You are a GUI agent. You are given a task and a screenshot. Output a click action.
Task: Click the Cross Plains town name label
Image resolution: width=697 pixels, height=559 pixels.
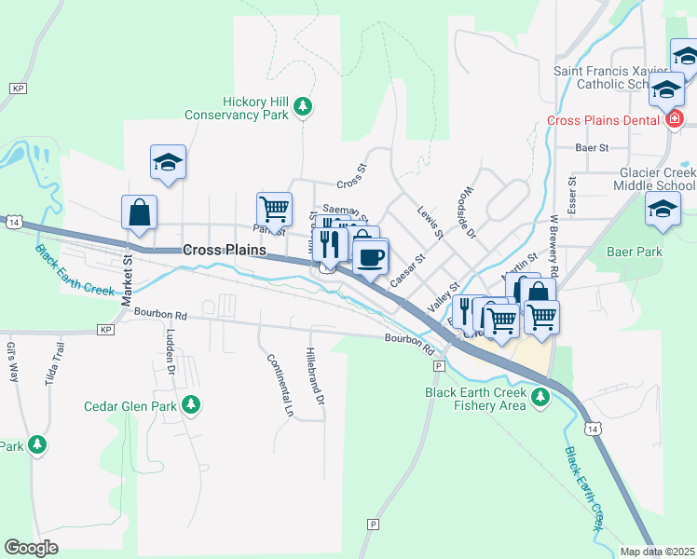pos(225,250)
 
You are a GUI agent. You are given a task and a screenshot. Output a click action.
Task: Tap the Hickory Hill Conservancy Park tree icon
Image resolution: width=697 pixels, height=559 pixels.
pos(302,108)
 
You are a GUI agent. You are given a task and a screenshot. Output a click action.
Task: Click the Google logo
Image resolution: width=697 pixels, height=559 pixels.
pos(31,547)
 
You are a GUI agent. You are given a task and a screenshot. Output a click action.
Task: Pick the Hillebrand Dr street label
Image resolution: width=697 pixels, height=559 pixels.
pos(314,376)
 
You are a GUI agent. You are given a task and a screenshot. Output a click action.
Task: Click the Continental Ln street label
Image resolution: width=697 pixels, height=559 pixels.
pos(279,384)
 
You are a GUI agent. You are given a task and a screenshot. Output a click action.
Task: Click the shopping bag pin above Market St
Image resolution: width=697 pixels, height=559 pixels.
pos(139,211)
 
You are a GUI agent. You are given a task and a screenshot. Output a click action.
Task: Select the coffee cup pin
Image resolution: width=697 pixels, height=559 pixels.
pos(370,256)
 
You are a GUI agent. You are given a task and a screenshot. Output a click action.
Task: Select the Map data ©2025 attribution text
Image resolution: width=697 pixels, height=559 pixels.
pos(657,552)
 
